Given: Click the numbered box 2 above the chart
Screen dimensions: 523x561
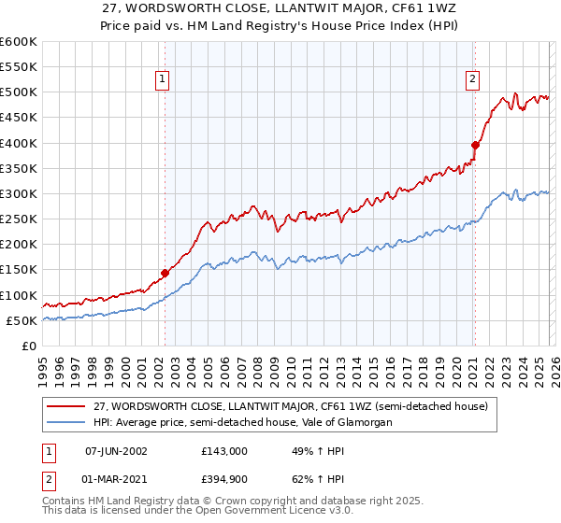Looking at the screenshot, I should point(473,80).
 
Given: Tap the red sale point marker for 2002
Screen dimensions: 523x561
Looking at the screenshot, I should point(165,274).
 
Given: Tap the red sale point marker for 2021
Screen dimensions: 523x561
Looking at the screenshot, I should point(475,146).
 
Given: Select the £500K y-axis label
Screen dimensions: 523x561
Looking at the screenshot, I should point(18,92).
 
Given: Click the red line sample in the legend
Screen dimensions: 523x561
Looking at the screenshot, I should point(67,406).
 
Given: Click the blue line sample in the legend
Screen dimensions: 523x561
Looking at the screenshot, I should point(67,422).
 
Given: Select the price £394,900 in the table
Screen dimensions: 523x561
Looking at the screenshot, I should point(223,481).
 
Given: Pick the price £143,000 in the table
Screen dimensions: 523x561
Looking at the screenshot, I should point(223,450).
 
